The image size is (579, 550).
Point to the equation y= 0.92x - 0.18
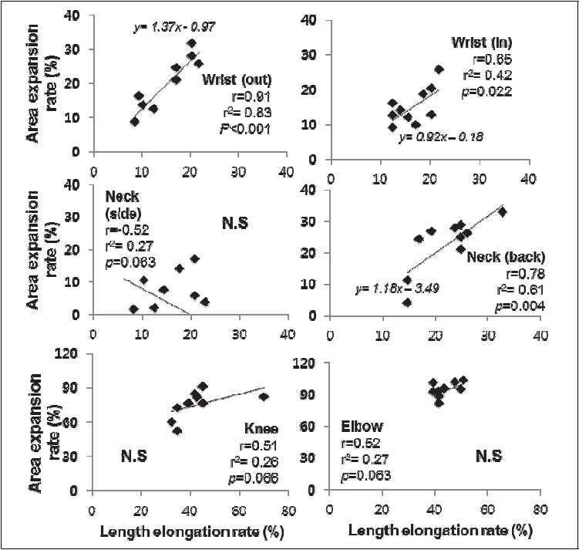[440, 137]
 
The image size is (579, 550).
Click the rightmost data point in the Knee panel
[264, 396]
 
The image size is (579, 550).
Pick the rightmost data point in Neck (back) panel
[502, 211]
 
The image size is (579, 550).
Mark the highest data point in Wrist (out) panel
[191, 43]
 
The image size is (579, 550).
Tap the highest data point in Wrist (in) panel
[439, 69]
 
